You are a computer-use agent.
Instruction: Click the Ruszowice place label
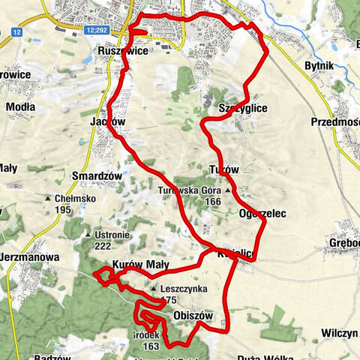coord(122,51)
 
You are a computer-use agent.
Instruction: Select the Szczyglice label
coord(241,108)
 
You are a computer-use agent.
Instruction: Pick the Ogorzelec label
coord(261,213)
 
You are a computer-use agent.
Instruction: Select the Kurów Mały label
coord(140,265)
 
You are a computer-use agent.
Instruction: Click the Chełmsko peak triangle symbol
coord(48,199)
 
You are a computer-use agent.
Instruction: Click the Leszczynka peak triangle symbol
coord(153,289)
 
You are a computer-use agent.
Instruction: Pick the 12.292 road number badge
coord(98,31)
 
